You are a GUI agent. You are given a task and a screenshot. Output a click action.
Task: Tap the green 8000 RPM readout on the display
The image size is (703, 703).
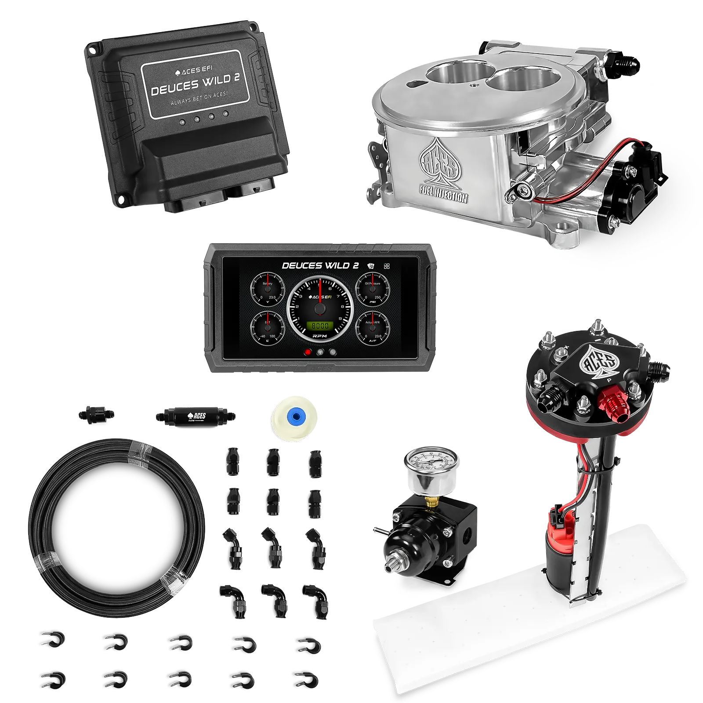click(320, 326)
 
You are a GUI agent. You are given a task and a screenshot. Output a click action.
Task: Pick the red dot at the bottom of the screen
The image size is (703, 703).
click(308, 352)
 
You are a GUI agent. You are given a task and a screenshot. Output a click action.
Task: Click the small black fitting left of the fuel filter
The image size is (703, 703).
click(96, 413)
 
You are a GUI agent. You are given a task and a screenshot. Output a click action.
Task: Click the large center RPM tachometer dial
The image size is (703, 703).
click(320, 308)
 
